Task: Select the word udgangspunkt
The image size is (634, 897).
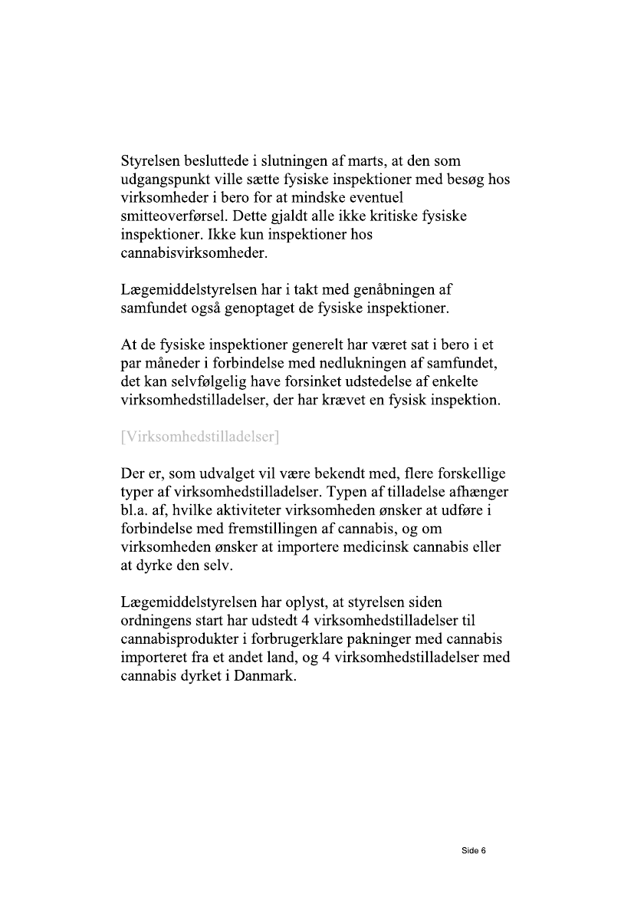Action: click(x=163, y=180)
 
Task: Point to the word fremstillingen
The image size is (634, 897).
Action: click(x=261, y=529)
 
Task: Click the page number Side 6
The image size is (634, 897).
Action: click(x=474, y=850)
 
